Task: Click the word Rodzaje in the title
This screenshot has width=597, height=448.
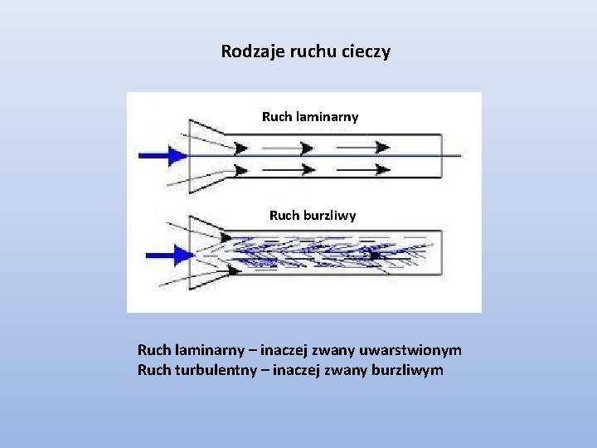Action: (x=247, y=51)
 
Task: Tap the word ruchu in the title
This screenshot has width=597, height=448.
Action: (x=307, y=51)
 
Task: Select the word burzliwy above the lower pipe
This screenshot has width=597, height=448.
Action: (x=328, y=216)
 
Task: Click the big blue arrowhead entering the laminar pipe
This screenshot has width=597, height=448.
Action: (x=177, y=155)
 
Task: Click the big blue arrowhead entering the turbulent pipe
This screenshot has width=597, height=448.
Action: (x=182, y=254)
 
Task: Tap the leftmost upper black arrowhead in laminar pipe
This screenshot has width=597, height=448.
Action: (x=240, y=149)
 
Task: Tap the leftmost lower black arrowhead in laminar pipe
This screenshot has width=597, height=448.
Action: (x=240, y=170)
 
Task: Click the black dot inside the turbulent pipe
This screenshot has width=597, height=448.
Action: (x=375, y=256)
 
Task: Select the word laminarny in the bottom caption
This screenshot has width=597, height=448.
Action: (x=211, y=351)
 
